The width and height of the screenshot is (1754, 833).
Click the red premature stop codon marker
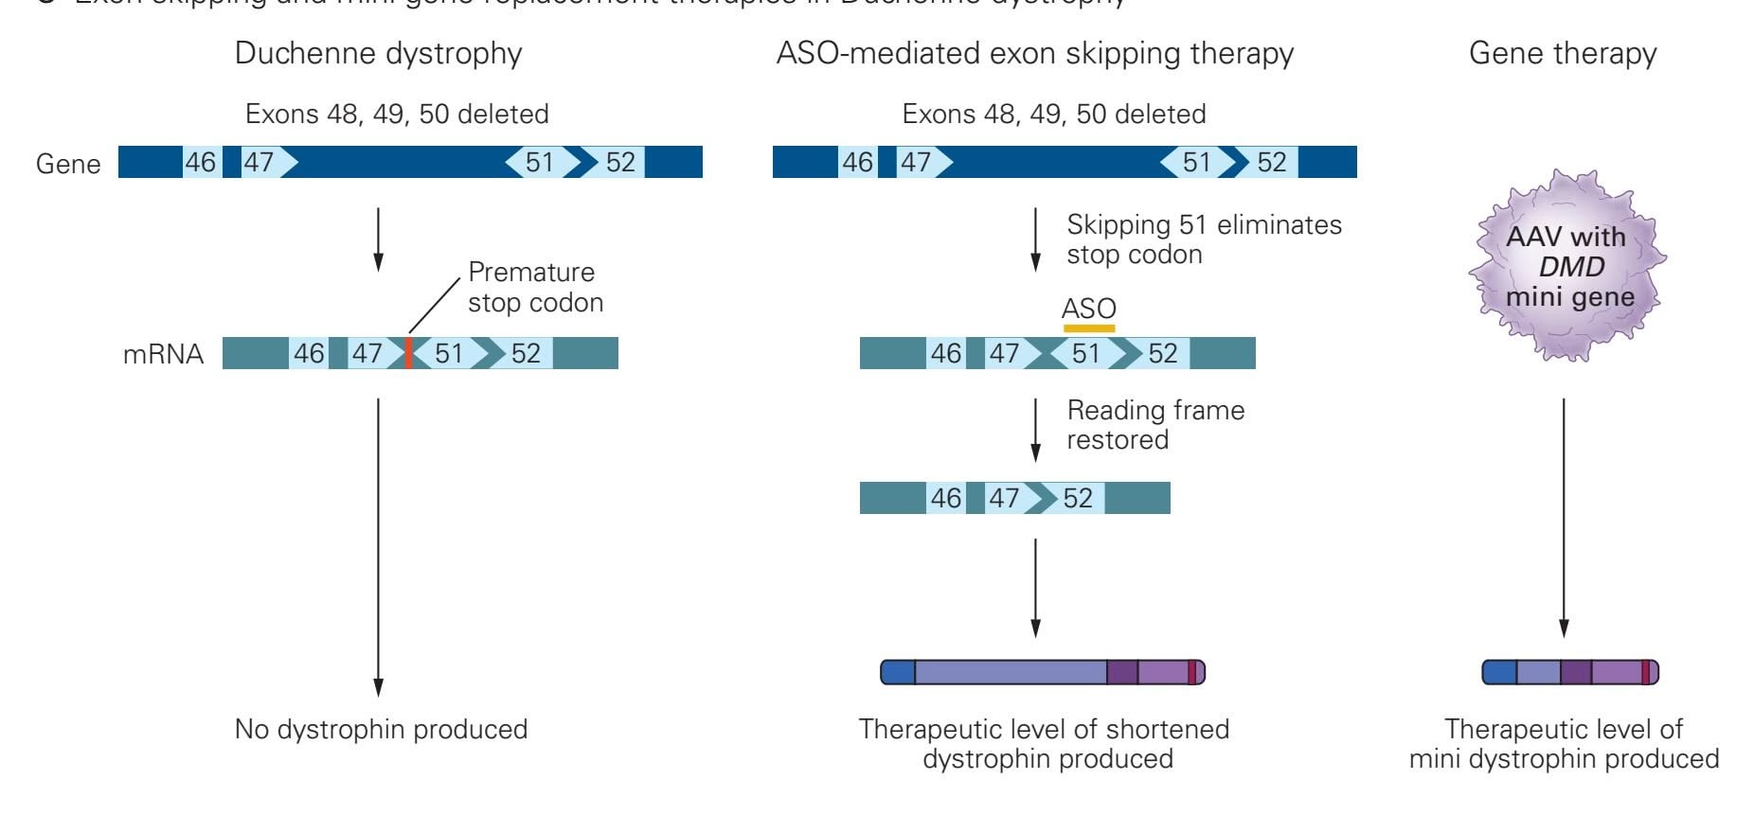(408, 353)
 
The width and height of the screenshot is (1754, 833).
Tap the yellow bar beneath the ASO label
(1089, 328)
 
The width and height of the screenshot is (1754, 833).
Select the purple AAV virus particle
(1567, 267)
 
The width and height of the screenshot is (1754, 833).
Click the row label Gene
(68, 164)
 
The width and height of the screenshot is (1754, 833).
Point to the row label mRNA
(163, 354)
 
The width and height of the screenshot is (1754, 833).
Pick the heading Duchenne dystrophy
(378, 53)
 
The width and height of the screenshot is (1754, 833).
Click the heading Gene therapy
(1563, 53)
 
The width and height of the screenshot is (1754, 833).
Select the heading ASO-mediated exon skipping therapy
(1034, 53)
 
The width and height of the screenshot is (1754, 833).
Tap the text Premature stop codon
(535, 287)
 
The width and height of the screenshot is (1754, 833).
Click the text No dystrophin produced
(381, 729)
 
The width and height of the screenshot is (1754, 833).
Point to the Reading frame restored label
(1155, 424)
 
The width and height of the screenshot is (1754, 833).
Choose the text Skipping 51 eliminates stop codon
(1203, 239)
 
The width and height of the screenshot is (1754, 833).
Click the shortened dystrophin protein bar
(1043, 672)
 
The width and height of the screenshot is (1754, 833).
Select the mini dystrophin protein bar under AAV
(1569, 672)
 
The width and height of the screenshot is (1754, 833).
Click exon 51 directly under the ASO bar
(1086, 353)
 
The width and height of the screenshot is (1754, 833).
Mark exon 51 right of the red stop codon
(449, 353)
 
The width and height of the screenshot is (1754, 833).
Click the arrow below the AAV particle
(1564, 516)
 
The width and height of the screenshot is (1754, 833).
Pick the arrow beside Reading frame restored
(1035, 429)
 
